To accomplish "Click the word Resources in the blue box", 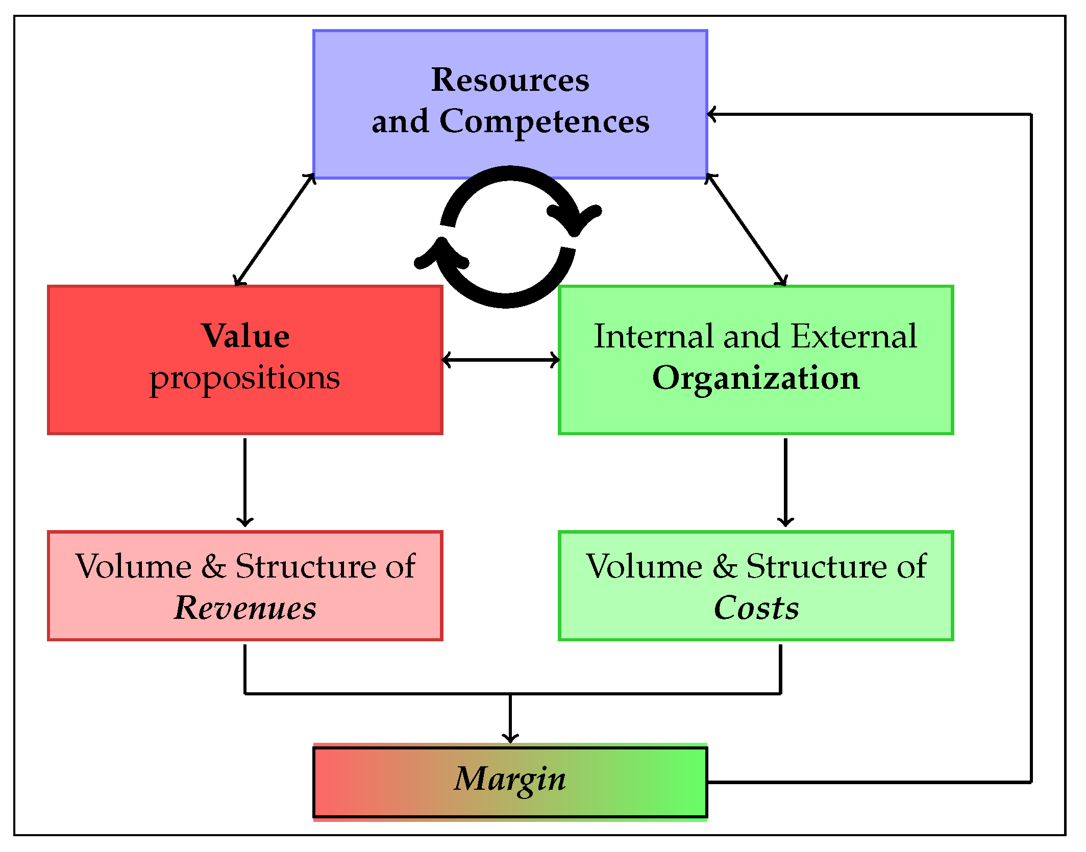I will coord(510,80).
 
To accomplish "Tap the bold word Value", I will coord(245,336).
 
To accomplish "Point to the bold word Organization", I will coord(756,378).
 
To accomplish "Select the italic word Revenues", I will coord(245,608).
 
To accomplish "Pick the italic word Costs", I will coord(756,608).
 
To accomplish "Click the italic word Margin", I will coord(510,779).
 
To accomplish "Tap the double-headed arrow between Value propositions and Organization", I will coord(501,360).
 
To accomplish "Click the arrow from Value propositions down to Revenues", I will coord(245,482).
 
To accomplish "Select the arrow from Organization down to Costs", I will coord(785,482).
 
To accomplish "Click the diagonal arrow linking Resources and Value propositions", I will coord(275,230).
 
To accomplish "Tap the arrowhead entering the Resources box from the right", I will coord(712,114).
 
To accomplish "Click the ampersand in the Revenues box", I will coord(213,566).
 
